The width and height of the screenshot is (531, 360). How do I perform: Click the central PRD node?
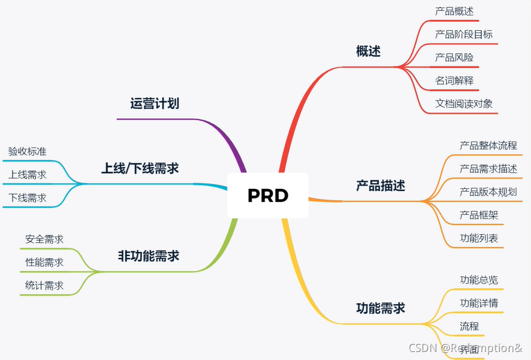click(x=268, y=195)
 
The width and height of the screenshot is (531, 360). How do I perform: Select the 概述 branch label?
click(x=368, y=51)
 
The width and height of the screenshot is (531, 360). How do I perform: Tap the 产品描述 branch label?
click(x=380, y=185)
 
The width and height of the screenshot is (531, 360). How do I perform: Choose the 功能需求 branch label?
click(x=380, y=308)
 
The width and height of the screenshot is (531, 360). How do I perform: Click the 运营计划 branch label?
click(x=155, y=104)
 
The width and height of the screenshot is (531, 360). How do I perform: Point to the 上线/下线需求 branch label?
click(x=140, y=168)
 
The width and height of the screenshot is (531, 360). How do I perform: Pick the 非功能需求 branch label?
click(x=148, y=256)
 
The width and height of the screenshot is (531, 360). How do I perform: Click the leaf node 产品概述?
click(x=454, y=11)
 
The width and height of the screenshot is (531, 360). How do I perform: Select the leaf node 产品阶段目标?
click(x=463, y=34)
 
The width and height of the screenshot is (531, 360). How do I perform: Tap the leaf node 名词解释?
click(x=454, y=81)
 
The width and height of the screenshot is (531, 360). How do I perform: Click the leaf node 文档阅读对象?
click(x=463, y=104)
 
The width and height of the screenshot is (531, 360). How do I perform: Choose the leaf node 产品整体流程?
click(x=488, y=145)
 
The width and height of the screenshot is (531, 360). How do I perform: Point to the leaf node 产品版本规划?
click(x=488, y=192)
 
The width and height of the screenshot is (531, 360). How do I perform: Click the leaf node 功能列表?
click(x=479, y=238)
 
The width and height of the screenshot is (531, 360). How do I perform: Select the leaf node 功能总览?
click(x=479, y=280)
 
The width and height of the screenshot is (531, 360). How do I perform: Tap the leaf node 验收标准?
click(x=27, y=152)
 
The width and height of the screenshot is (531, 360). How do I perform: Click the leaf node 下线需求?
click(x=27, y=198)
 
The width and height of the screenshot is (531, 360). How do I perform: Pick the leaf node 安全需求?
click(x=45, y=239)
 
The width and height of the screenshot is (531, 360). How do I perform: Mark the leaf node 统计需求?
click(x=45, y=286)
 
